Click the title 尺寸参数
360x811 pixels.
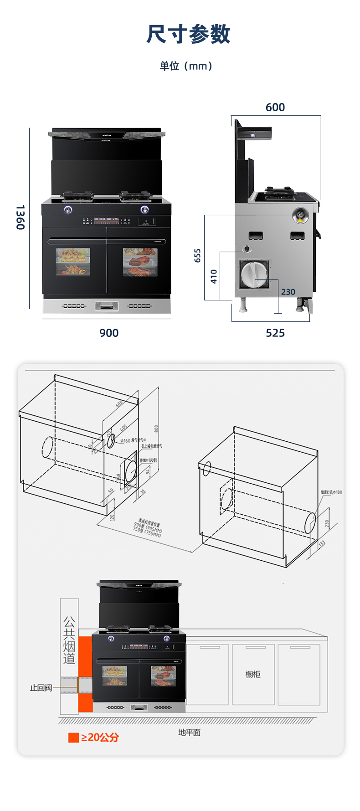188,34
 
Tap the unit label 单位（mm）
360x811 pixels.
186,66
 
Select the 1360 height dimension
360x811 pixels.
20,217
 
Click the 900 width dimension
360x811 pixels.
109,333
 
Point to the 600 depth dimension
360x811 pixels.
275,108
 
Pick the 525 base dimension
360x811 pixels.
275,333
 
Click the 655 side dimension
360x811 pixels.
197,255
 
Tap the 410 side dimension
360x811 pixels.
214,276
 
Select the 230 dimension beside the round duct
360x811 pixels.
288,292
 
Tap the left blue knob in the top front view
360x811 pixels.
68,210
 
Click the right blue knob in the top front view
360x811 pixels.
144,210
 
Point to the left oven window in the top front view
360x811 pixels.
73,262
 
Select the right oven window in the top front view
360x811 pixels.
140,262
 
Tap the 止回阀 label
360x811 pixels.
41,687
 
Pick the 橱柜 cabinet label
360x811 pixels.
253,674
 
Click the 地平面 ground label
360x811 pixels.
190,733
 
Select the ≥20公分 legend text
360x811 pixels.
100,738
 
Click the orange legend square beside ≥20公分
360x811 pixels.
73,738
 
